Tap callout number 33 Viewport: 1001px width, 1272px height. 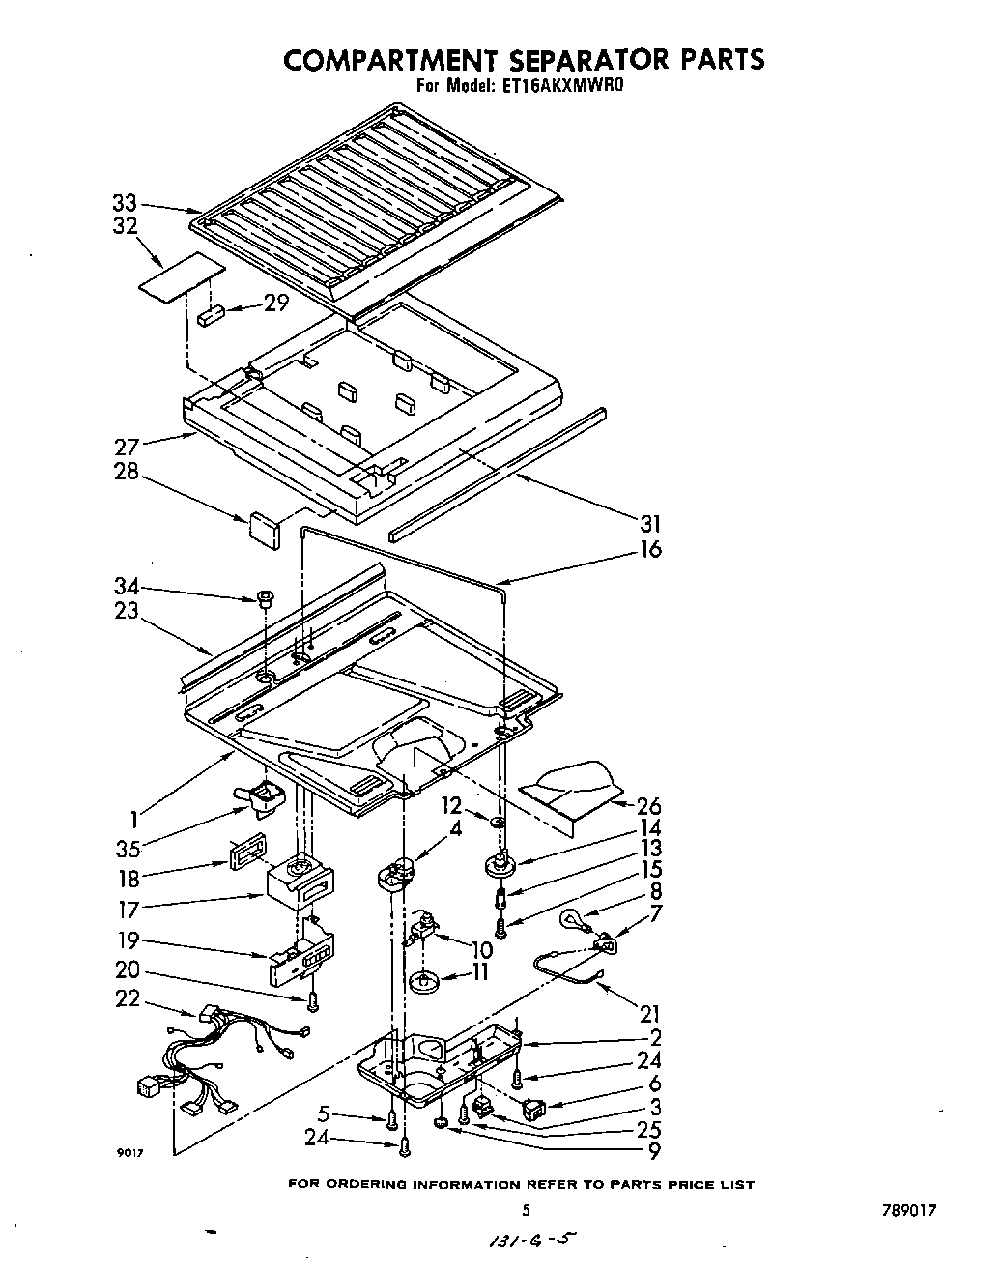(124, 204)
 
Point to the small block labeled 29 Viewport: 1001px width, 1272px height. (212, 314)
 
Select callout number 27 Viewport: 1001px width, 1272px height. (127, 446)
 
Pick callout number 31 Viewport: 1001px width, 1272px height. (650, 523)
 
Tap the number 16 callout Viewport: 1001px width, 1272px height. (650, 549)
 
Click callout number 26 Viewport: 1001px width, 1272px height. (649, 805)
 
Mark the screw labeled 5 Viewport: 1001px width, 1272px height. (391, 1119)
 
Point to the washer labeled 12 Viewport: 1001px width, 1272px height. (498, 823)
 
